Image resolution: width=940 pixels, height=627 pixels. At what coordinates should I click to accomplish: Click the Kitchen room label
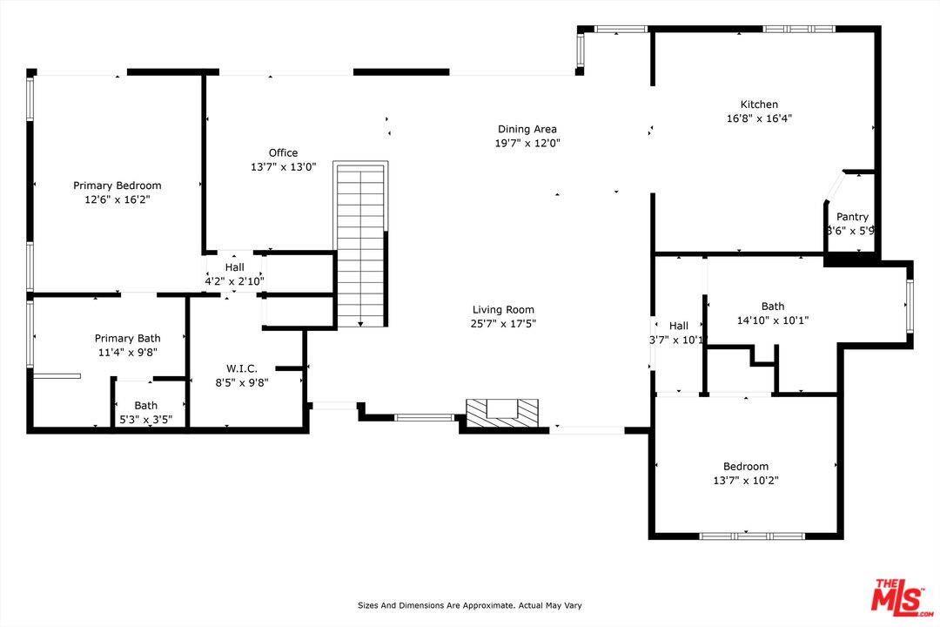759,104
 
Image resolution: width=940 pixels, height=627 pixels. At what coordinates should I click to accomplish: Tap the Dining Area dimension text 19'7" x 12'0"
527,143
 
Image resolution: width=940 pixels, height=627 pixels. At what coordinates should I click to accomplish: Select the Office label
283,153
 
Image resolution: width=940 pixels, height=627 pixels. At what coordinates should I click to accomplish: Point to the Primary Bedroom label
117,185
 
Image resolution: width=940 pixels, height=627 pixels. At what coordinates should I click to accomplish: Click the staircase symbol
360,244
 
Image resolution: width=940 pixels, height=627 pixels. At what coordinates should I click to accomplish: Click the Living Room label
503,310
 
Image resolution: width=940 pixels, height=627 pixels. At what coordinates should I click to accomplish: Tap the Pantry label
852,217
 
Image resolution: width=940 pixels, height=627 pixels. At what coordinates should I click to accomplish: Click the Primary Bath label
128,339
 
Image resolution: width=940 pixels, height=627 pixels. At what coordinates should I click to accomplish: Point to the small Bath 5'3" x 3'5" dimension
145,420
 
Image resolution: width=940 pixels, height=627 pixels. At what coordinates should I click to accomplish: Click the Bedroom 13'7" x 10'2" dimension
746,480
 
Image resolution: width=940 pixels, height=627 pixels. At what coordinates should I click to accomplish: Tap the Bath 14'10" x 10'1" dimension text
773,320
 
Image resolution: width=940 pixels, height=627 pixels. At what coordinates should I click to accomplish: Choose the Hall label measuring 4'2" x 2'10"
234,281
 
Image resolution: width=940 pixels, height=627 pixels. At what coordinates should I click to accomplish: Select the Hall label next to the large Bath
678,327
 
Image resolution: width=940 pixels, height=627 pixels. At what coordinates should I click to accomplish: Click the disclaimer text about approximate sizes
469,605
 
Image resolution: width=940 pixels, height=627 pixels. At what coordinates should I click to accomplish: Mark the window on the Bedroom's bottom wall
753,536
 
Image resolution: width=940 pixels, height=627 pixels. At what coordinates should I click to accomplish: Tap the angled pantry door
833,187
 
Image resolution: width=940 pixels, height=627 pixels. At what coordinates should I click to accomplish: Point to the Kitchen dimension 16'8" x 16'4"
759,118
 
